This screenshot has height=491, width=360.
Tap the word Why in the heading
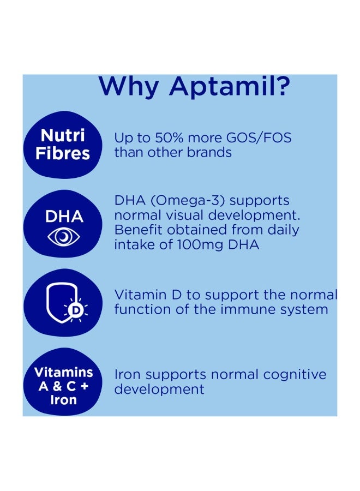[129, 87]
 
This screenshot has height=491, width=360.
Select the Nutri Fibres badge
[63, 144]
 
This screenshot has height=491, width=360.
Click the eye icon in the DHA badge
[64, 236]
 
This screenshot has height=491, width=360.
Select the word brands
[209, 152]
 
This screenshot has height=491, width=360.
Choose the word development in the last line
[159, 390]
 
